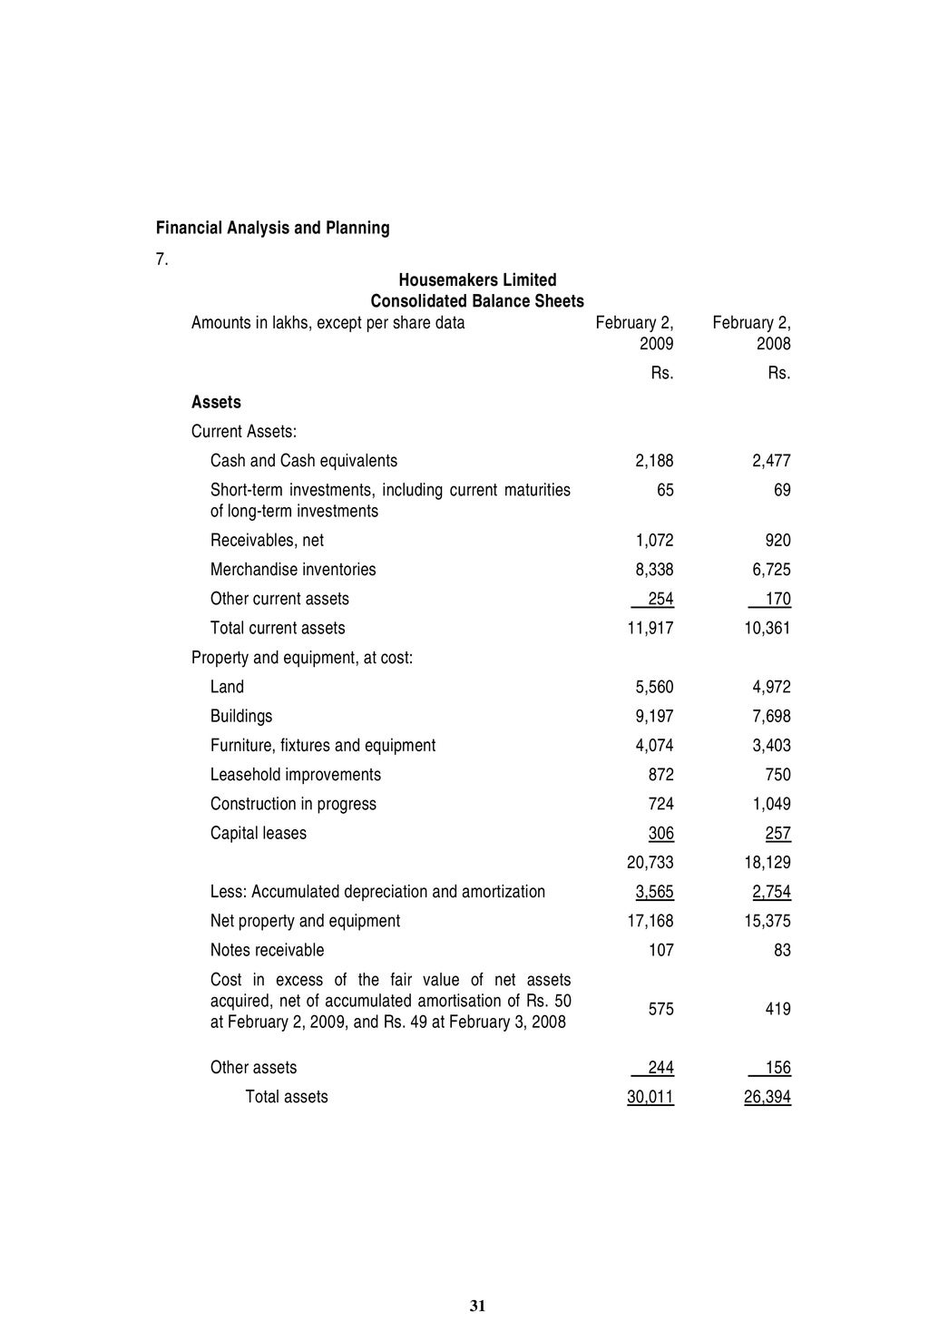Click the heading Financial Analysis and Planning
(272, 228)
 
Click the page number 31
(478, 1307)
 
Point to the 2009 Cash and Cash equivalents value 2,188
(654, 461)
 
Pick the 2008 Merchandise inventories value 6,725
(771, 570)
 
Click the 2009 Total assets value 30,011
(650, 1097)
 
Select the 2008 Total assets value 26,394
(768, 1097)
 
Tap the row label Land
(227, 687)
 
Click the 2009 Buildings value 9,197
(654, 717)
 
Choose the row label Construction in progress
(293, 804)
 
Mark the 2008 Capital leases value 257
(777, 833)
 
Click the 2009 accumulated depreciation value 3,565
(654, 892)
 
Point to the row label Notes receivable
(267, 950)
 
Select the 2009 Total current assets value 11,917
(650, 628)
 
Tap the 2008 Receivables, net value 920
(777, 541)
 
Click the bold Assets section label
(216, 402)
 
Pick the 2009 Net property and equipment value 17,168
(650, 921)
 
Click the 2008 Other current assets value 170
(777, 599)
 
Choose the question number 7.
(161, 259)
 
